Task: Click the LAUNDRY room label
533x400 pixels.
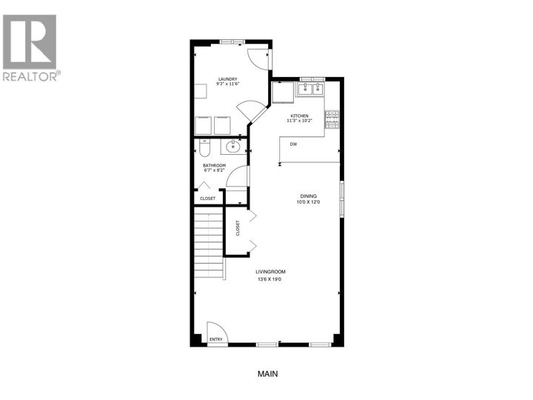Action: [227, 79]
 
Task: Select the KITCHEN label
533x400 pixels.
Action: [299, 116]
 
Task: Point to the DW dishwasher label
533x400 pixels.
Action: [294, 144]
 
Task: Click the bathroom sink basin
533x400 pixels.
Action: [232, 145]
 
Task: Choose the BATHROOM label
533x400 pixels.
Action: [215, 165]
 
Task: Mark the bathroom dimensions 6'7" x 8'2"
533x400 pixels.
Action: [215, 171]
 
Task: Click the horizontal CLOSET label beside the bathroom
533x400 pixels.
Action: [208, 198]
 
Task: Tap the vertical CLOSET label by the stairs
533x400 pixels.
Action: [238, 228]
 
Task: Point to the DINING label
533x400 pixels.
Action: [300, 196]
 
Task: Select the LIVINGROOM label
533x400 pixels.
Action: [270, 272]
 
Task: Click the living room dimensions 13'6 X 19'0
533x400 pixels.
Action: [271, 279]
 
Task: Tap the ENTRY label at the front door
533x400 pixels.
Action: [215, 339]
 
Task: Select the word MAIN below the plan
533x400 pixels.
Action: [266, 373]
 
